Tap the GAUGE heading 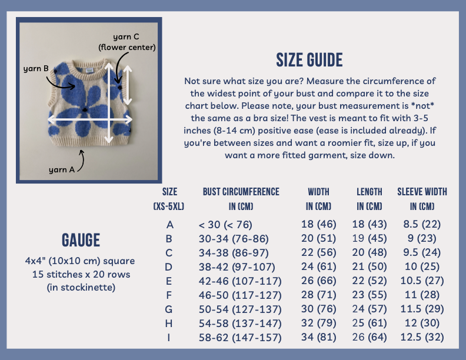[81, 240]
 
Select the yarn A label [62, 169]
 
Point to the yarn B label [36, 69]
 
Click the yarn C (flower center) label [127, 42]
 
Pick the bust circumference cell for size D [237, 267]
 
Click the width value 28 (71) [318, 295]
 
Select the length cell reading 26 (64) [370, 337]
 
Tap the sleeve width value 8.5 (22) [422, 224]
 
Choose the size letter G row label [168, 309]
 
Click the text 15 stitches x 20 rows [81, 274]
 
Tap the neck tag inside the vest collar [90, 71]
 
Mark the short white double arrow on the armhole [128, 85]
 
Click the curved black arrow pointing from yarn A [81, 161]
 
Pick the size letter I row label [168, 338]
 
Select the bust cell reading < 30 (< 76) [225, 225]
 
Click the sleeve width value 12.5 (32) [422, 337]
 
